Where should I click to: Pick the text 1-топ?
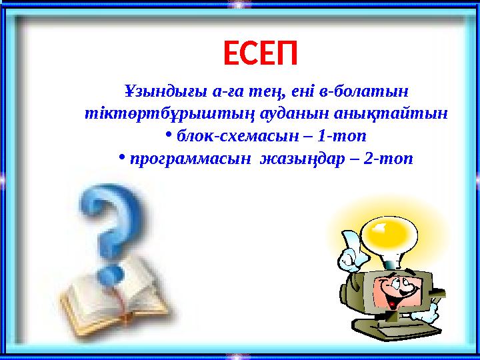343,136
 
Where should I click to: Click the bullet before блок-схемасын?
169,135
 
